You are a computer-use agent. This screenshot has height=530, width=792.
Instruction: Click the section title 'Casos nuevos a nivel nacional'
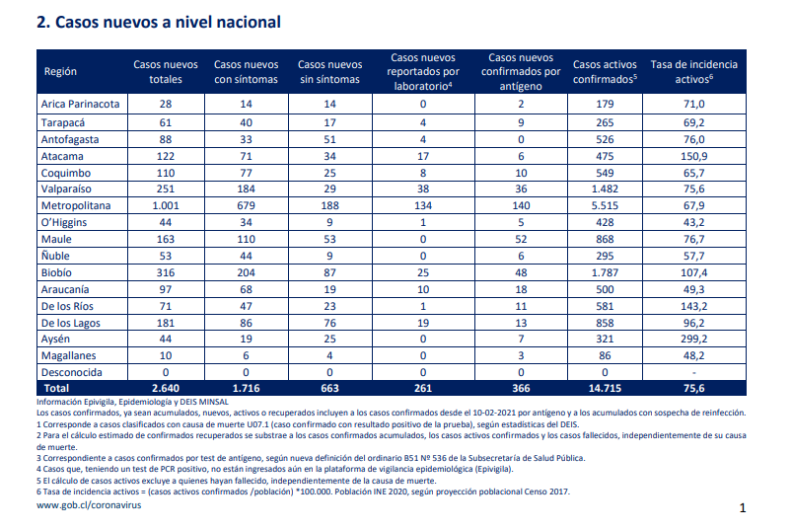click(168, 23)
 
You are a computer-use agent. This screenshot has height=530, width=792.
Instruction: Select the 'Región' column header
click(60, 71)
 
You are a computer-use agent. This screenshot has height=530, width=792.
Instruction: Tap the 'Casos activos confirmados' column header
click(605, 72)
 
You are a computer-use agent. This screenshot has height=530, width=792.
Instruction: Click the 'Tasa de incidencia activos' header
click(694, 72)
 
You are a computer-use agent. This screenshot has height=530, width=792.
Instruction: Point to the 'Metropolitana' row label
click(76, 205)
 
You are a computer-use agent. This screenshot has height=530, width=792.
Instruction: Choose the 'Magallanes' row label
click(68, 355)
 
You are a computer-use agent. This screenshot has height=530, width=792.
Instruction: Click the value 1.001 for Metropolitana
click(165, 205)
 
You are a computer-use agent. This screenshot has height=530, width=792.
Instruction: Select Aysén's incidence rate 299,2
click(694, 339)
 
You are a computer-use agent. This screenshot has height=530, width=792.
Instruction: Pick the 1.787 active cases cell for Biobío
click(605, 272)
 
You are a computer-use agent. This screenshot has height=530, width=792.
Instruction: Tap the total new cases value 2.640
click(165, 389)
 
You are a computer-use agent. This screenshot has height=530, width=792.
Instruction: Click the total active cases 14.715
click(605, 389)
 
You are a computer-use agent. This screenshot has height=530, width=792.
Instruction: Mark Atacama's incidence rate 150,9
click(694, 156)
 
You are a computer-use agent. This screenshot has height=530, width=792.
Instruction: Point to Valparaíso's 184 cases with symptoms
click(246, 189)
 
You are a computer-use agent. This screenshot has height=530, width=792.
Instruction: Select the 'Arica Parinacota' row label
click(80, 104)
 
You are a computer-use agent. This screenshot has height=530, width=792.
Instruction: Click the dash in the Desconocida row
click(694, 373)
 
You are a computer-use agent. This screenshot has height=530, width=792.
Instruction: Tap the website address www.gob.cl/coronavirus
click(89, 505)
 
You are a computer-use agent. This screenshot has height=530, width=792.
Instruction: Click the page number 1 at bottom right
click(743, 507)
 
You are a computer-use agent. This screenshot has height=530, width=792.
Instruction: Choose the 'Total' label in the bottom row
click(56, 389)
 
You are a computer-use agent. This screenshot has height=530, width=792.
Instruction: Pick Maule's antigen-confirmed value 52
click(521, 239)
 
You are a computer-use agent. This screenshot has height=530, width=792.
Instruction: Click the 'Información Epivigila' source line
click(132, 402)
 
